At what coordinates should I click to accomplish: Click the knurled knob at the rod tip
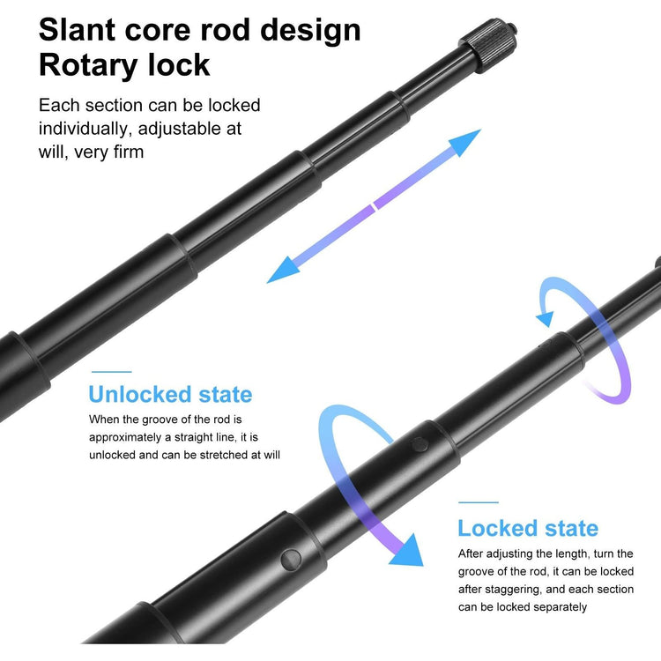(x=489, y=44)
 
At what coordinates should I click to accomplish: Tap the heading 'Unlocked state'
(x=170, y=395)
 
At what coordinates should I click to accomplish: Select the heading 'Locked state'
(x=528, y=528)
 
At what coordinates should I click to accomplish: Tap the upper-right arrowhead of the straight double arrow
(x=464, y=142)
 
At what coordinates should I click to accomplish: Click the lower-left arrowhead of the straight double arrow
(x=283, y=271)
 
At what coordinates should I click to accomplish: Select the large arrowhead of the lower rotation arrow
(x=407, y=550)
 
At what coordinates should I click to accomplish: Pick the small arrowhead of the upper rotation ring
(x=545, y=318)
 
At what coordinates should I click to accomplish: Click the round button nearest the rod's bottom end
(x=291, y=560)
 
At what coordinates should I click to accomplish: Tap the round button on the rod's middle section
(x=420, y=444)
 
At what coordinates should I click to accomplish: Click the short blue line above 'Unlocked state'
(x=112, y=372)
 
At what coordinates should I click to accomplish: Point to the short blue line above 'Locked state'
(x=479, y=502)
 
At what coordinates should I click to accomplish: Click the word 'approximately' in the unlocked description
(x=125, y=437)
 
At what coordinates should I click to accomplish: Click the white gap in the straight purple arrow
(x=373, y=207)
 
